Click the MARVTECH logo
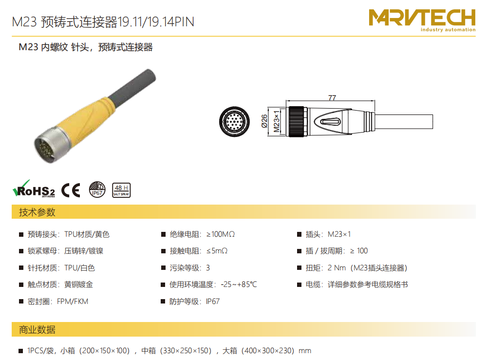(x=422, y=20)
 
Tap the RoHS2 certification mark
(x=34, y=189)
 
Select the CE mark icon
(x=71, y=190)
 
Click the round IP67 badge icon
(x=97, y=189)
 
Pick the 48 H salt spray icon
(x=121, y=190)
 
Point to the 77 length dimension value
(x=332, y=97)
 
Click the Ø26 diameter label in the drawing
(x=264, y=121)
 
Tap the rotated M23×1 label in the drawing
(x=276, y=121)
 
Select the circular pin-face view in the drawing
(x=235, y=121)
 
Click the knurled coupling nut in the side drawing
(x=296, y=121)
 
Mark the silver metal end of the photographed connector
(x=48, y=145)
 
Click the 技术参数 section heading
(x=37, y=212)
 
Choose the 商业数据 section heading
(x=37, y=330)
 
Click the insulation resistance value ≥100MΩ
(x=221, y=234)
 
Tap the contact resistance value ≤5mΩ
(x=217, y=251)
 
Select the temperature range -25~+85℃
(x=239, y=284)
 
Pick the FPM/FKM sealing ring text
(x=73, y=301)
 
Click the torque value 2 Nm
(x=337, y=268)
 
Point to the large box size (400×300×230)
(x=268, y=351)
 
